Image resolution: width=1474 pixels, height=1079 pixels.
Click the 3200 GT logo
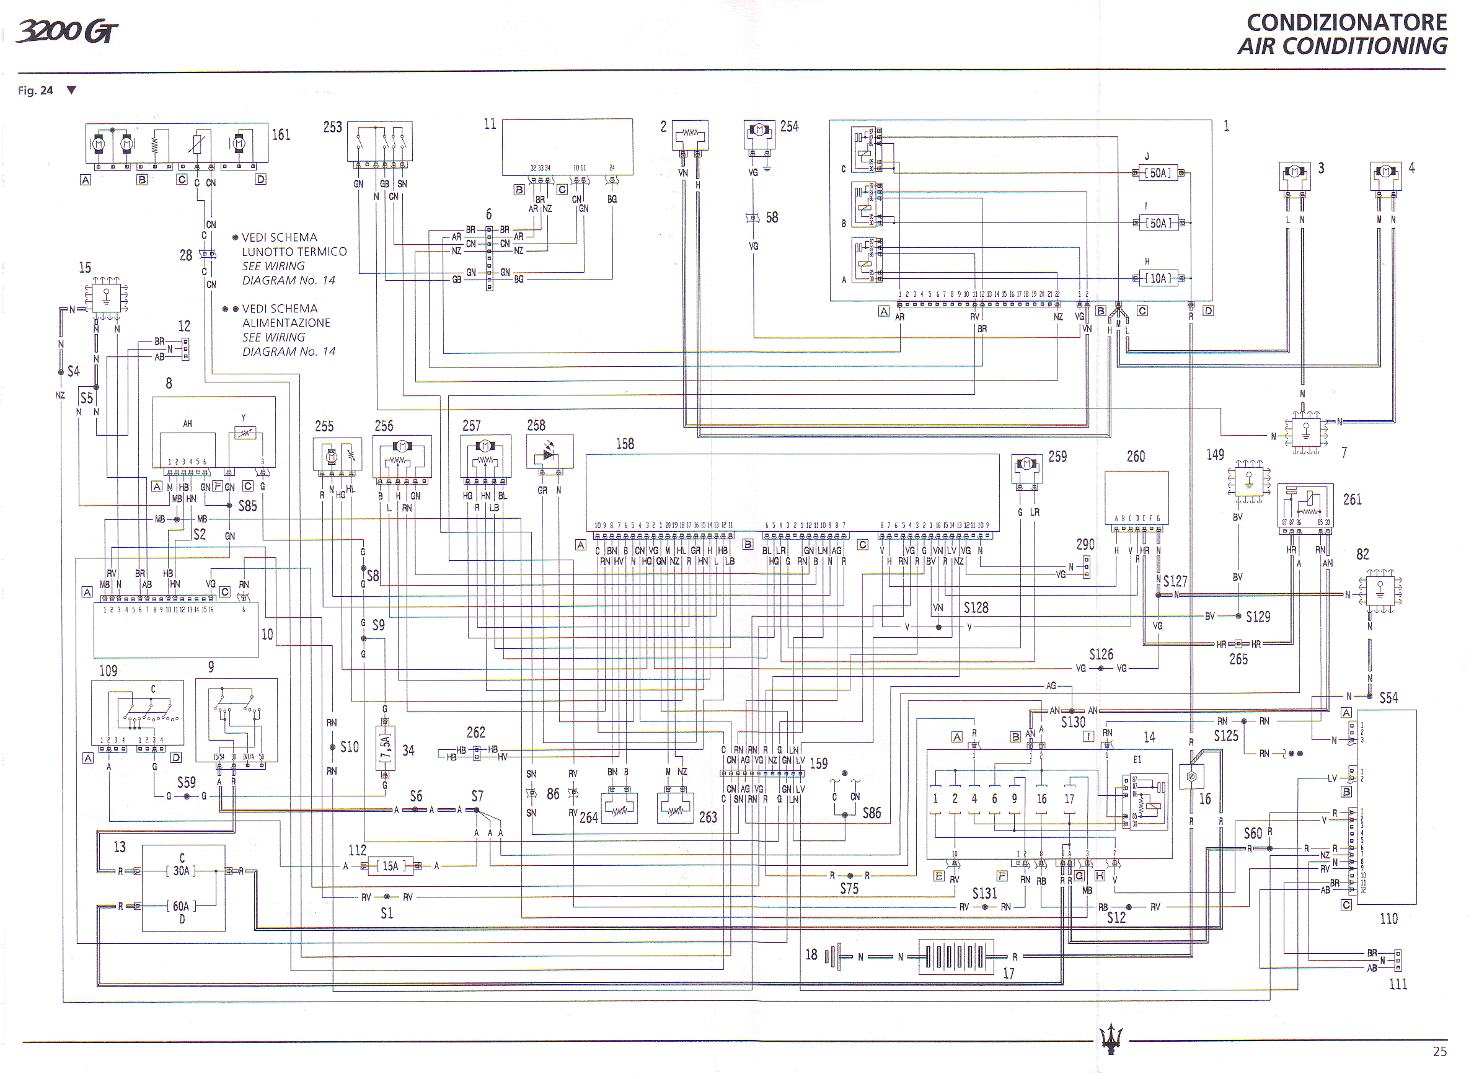point(68,31)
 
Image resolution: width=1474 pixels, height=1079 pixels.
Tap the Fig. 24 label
point(35,90)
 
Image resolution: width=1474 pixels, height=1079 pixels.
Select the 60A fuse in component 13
point(181,906)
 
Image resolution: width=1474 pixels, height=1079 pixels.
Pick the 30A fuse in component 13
point(181,871)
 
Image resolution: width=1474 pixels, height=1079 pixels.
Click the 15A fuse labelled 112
point(390,866)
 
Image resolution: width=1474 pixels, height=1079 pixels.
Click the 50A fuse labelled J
point(1159,173)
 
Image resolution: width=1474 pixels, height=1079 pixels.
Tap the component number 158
point(624,444)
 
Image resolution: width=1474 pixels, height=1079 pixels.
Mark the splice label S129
point(1258,617)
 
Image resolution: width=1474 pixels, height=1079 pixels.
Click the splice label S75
point(849,888)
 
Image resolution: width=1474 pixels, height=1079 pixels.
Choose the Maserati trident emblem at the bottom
point(1110,1038)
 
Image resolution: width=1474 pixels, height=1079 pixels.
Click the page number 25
point(1439,1052)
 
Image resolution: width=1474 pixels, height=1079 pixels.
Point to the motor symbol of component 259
point(1026,464)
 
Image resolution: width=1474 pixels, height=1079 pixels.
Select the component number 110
point(1388,918)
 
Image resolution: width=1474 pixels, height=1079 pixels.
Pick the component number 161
point(281,134)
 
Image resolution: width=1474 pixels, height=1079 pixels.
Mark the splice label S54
point(1388,698)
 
